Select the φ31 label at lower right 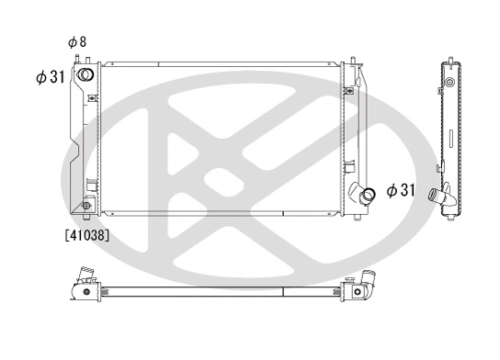[x=402, y=190]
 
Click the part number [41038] [x=87, y=235]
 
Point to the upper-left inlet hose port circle [x=85, y=75]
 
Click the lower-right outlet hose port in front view [x=368, y=195]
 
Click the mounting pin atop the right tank [x=352, y=62]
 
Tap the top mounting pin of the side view [x=450, y=61]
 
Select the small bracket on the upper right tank [x=349, y=90]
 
